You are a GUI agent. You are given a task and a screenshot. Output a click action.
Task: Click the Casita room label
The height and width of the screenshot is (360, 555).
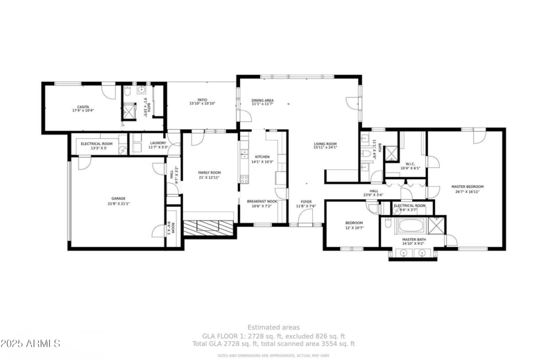tap(83, 106)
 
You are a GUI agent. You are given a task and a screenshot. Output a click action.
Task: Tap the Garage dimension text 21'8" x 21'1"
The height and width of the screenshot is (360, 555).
tap(119, 204)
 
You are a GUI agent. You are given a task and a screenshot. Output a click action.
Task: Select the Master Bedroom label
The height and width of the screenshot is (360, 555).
tap(467, 187)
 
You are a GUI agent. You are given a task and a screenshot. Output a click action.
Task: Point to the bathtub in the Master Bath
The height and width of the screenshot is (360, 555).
tap(407, 226)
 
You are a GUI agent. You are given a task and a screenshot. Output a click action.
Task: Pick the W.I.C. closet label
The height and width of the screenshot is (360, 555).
tap(410, 164)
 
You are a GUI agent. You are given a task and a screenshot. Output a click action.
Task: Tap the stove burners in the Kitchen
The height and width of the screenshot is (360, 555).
tap(244, 178)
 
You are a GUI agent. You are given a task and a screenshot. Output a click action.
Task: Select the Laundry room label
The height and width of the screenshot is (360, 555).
tap(158, 144)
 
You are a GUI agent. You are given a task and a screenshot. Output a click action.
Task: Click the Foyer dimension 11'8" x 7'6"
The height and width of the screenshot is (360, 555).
tap(306, 206)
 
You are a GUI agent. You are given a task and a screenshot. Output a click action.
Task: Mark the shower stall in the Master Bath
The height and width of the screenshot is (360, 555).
tap(436, 225)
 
